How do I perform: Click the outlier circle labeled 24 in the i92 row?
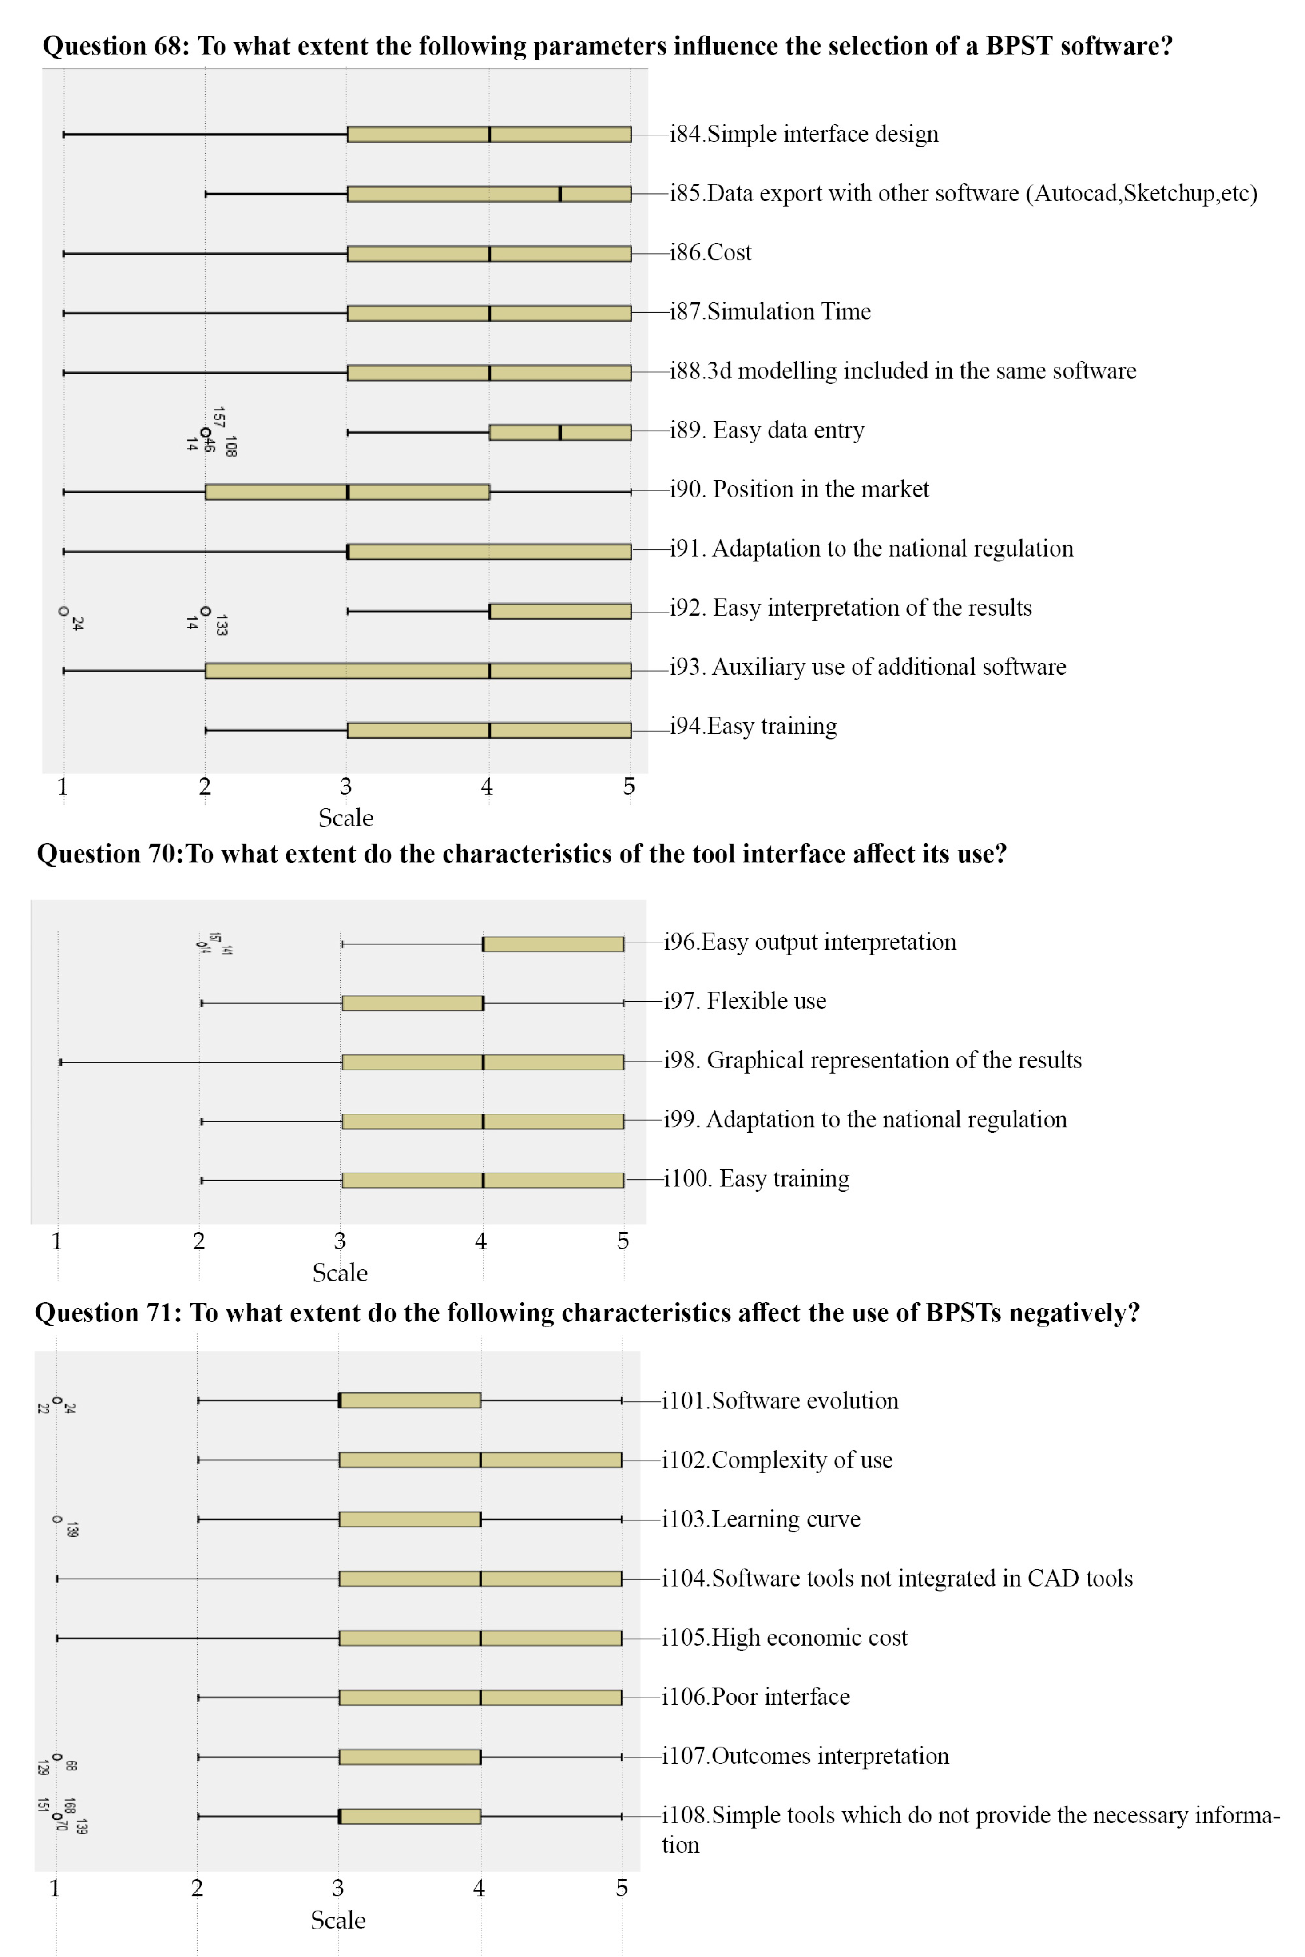point(63,611)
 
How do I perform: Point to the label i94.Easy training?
point(753,726)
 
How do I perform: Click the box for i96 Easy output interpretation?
point(553,943)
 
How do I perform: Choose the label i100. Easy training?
point(757,1179)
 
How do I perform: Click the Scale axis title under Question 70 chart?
point(340,1273)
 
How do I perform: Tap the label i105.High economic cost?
point(784,1637)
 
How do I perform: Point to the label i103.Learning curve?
point(761,1519)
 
